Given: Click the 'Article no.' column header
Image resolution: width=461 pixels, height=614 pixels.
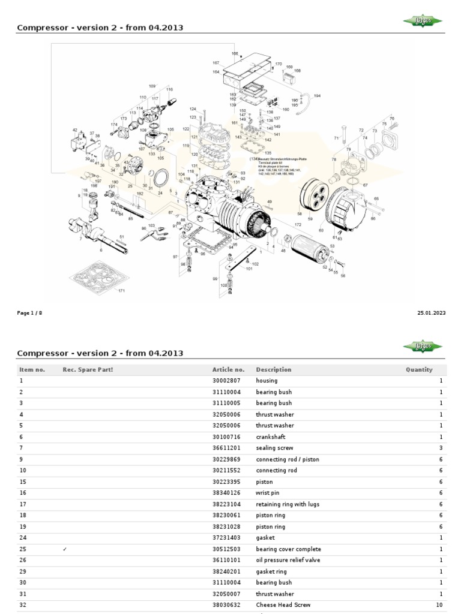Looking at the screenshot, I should (x=228, y=370).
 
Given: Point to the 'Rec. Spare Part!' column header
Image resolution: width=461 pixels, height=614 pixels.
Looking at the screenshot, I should (x=88, y=370).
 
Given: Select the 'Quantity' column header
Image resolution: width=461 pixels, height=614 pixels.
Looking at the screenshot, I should (x=419, y=370).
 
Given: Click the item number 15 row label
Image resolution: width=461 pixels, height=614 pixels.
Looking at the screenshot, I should (x=23, y=482).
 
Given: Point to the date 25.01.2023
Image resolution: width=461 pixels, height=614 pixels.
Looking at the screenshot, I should (x=431, y=313).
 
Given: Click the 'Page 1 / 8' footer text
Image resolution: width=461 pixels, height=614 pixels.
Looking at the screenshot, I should (x=29, y=313).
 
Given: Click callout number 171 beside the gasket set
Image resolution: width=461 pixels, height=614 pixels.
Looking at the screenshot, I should (x=121, y=291).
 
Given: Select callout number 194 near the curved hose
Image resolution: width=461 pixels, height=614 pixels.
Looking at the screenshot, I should (x=317, y=96).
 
